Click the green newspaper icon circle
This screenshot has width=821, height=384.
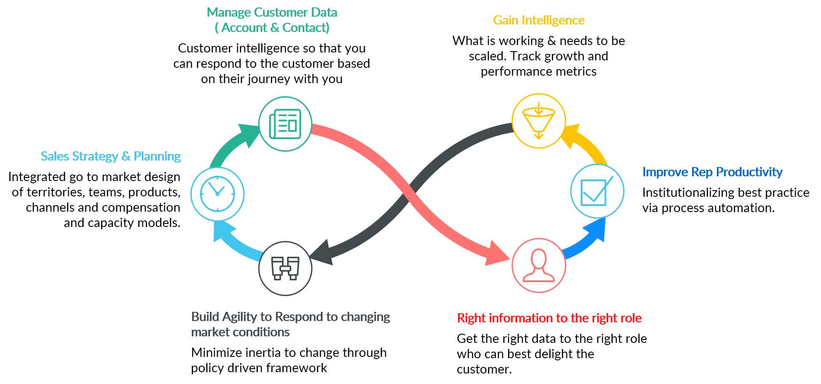285,124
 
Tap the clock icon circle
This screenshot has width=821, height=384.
218,194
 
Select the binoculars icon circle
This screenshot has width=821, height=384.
285,268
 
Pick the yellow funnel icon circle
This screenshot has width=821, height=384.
539,121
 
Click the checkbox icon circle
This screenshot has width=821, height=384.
597,191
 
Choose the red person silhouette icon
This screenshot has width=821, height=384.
539,265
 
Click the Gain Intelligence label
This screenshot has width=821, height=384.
539,20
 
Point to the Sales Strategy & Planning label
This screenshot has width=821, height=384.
111,156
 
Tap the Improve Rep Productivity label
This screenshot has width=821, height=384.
712,172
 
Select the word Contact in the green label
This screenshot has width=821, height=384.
305,28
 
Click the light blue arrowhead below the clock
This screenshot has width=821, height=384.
223,231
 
